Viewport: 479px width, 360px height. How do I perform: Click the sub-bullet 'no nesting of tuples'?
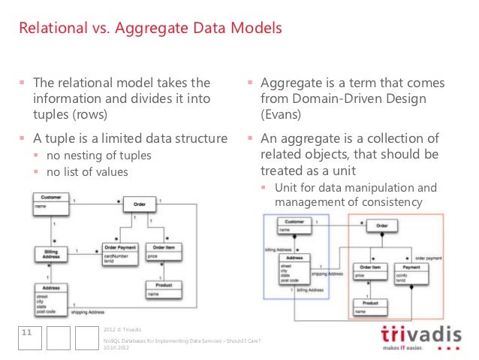[x=99, y=156]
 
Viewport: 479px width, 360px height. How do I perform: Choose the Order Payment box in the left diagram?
[x=119, y=253]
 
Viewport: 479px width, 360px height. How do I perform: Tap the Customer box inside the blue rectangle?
[x=294, y=225]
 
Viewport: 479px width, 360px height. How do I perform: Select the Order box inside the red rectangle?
[x=381, y=225]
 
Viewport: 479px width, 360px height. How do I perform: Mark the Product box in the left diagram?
[x=162, y=289]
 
